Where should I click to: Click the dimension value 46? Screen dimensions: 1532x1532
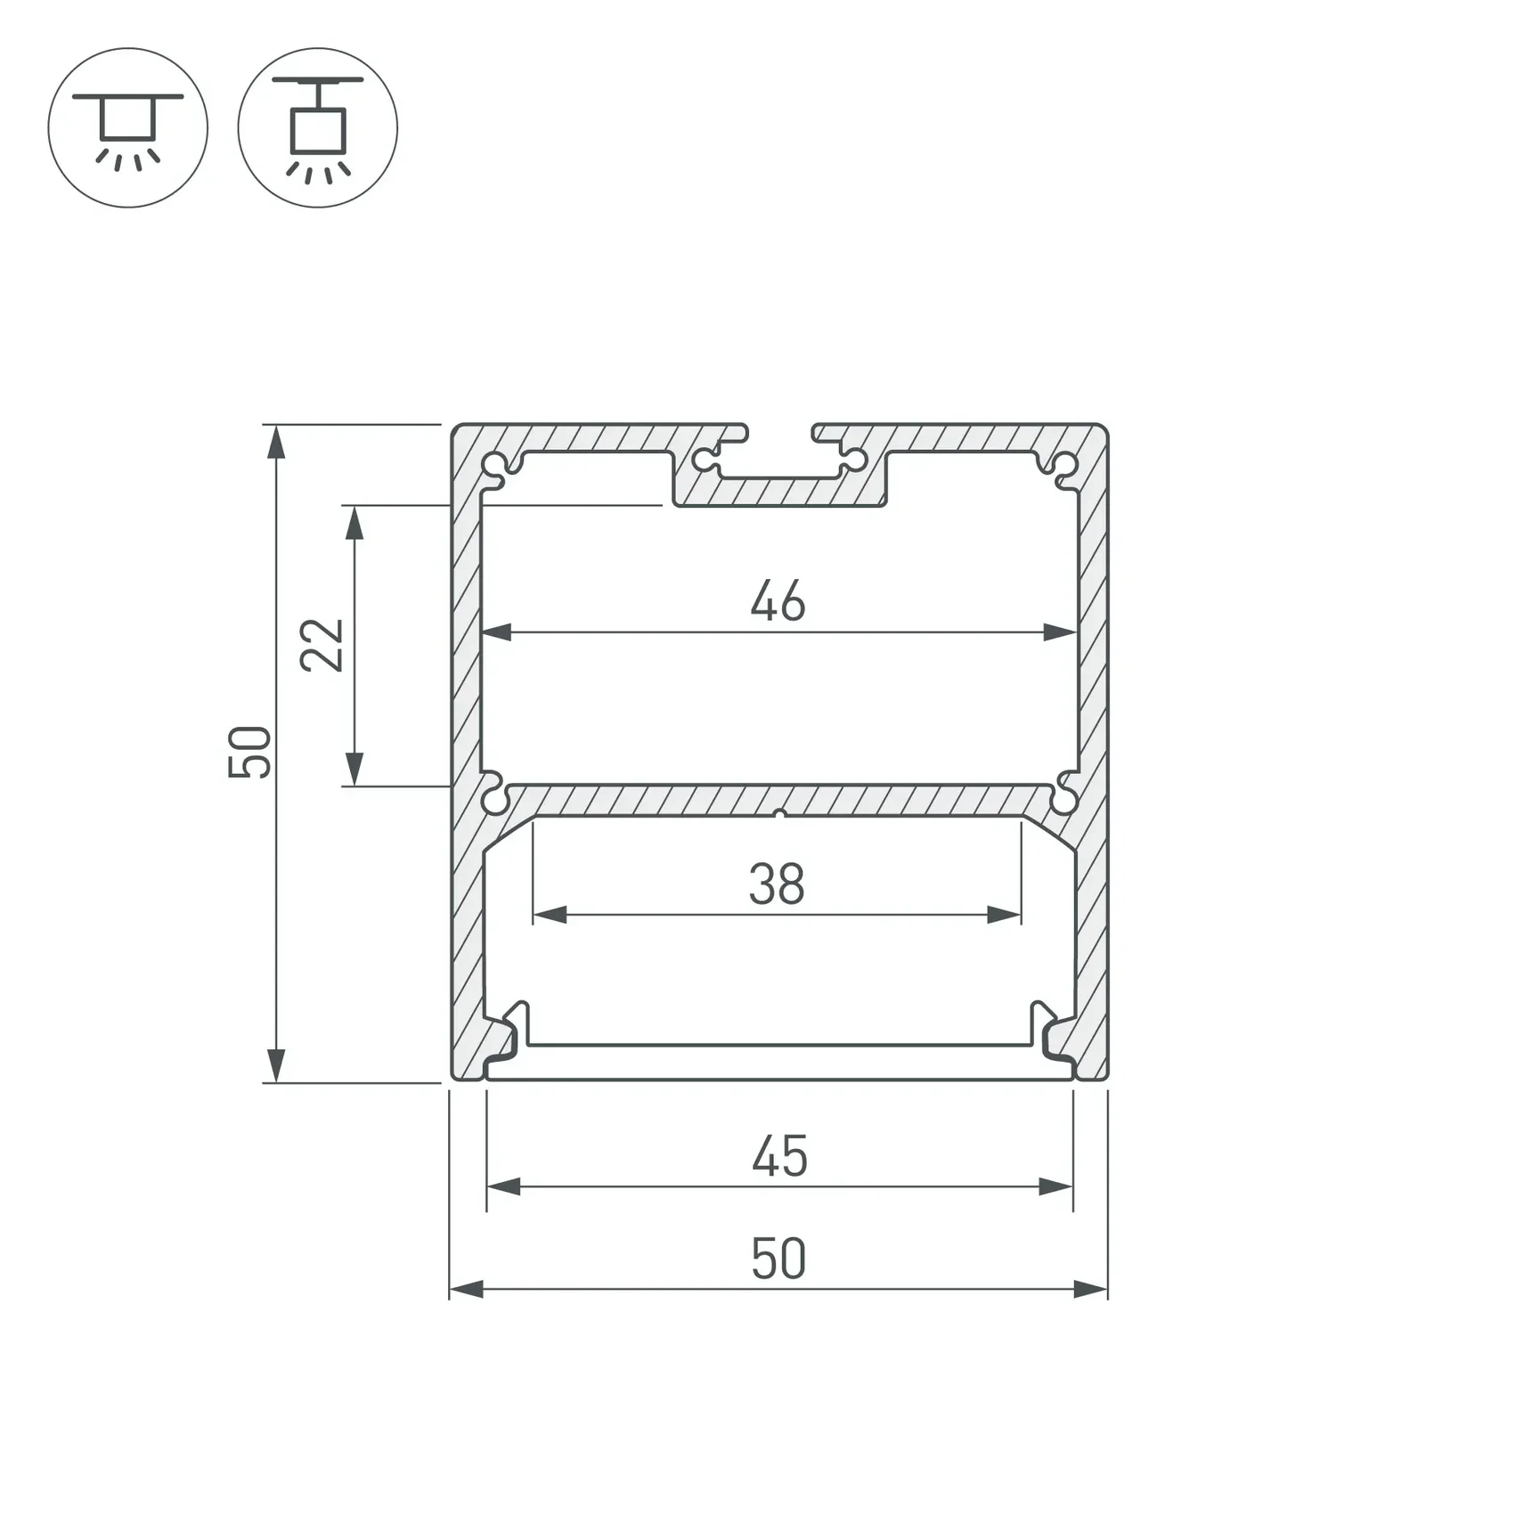pos(778,600)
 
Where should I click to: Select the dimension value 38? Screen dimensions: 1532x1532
pos(777,884)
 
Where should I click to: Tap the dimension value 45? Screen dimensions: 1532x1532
pos(779,1156)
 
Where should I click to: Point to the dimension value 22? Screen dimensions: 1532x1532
pos(322,644)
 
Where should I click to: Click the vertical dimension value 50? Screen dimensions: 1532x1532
pos(249,752)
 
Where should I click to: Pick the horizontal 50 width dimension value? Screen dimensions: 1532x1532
pos(778,1259)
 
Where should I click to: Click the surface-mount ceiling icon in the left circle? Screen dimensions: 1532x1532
pos(128,129)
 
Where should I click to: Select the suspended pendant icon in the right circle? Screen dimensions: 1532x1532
pos(318,129)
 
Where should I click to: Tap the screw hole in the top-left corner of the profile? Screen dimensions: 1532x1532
pos(494,466)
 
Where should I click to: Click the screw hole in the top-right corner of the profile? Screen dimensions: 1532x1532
pos(1064,465)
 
